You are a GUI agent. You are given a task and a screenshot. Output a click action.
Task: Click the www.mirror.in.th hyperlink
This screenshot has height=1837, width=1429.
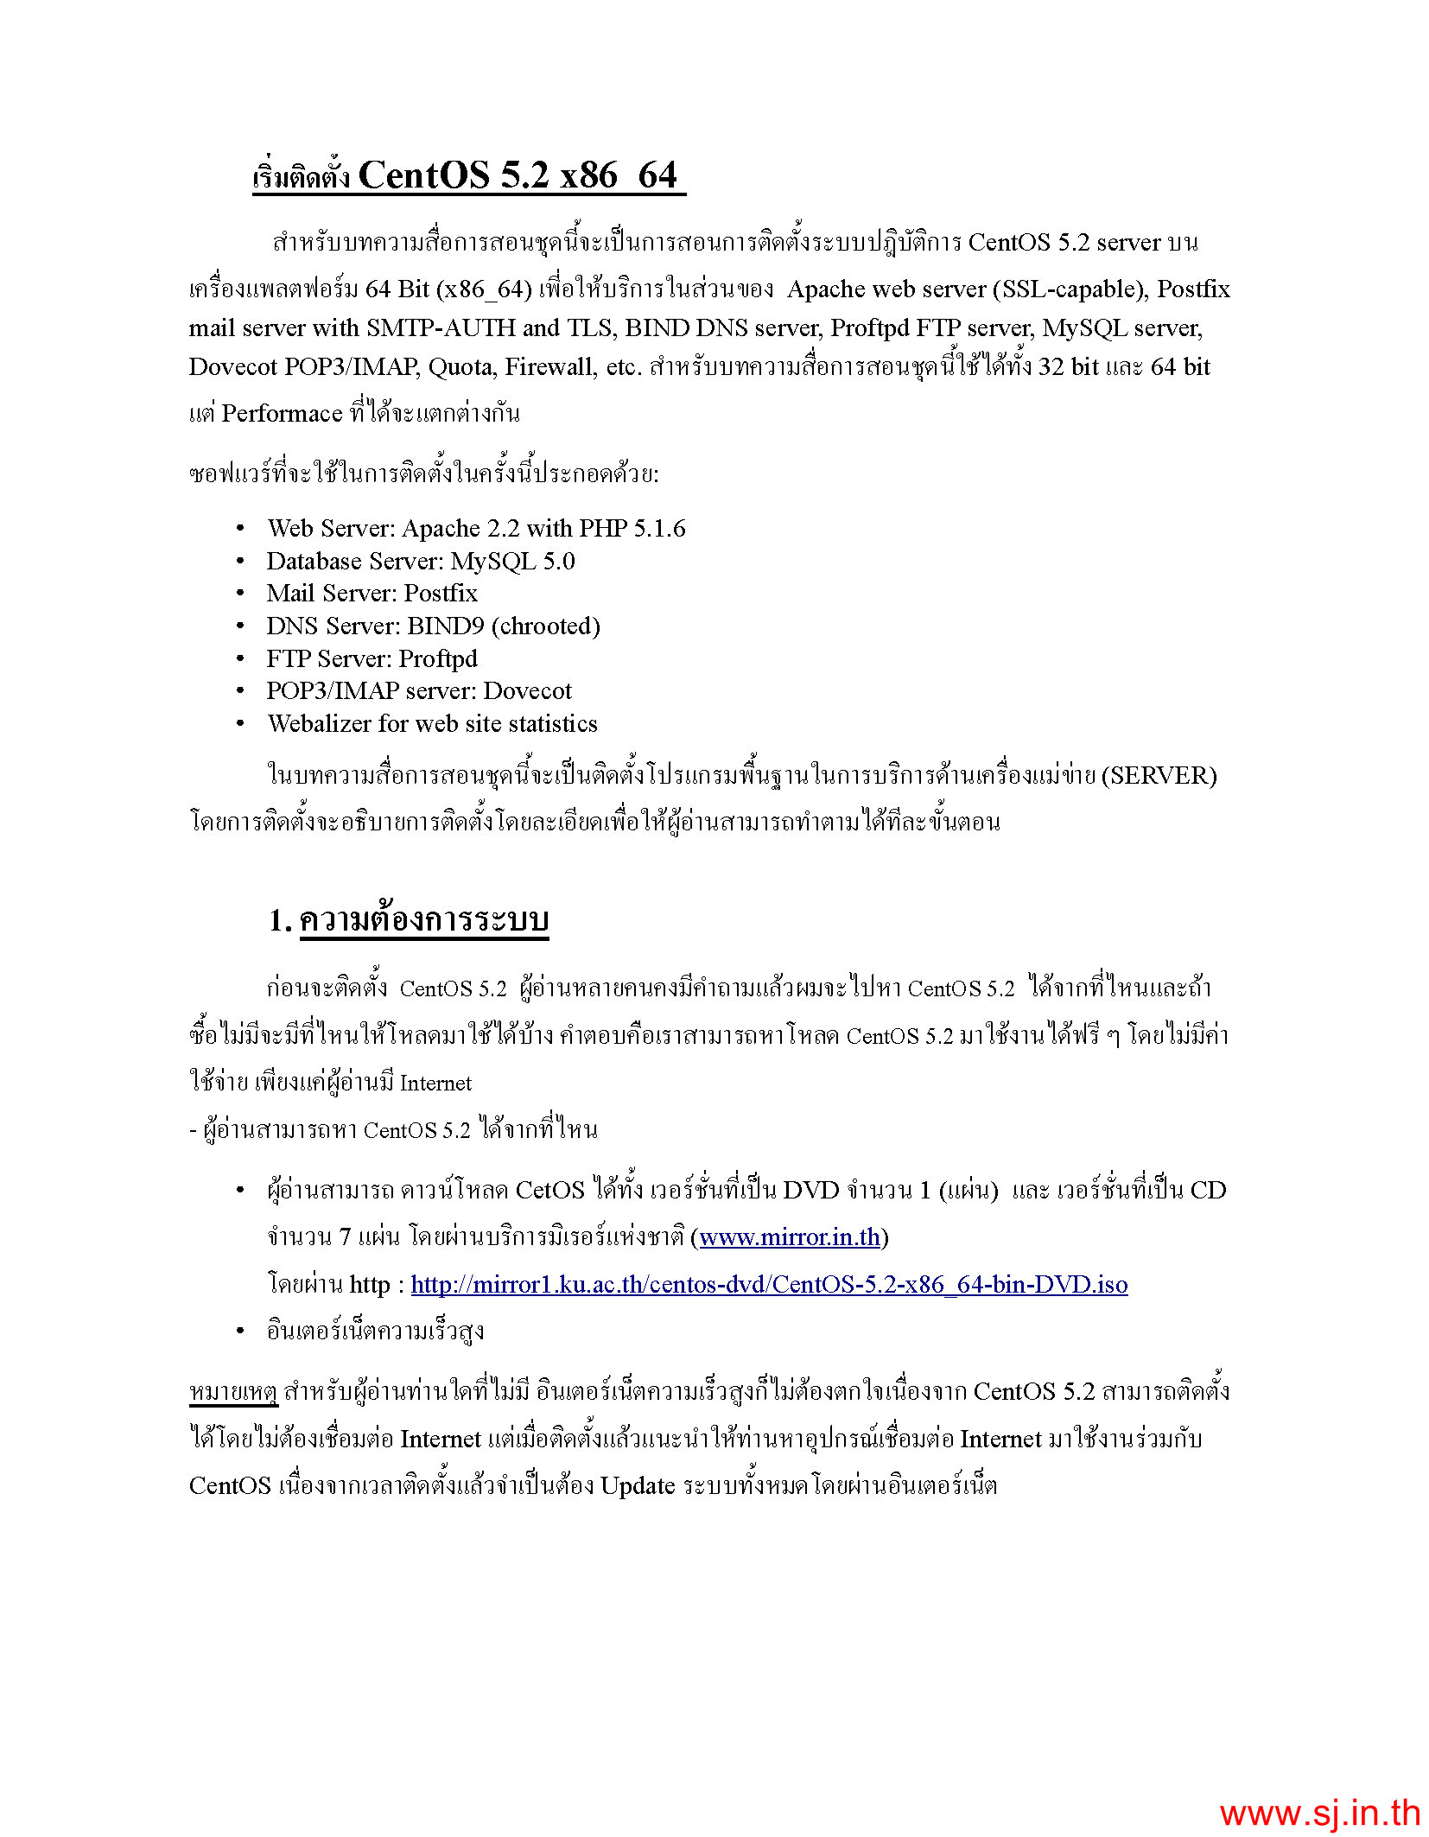[x=790, y=1237]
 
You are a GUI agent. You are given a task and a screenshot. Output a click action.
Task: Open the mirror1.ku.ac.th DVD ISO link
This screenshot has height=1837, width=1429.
[x=769, y=1284]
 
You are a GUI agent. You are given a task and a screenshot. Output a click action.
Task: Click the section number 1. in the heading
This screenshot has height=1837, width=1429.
[x=280, y=921]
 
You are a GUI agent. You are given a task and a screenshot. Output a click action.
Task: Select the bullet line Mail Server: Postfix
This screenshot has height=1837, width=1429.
[x=372, y=593]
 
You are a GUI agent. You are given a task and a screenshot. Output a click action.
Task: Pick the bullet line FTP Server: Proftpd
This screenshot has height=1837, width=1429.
[x=372, y=658]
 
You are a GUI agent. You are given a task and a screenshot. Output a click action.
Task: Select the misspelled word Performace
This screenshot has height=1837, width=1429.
[x=282, y=413]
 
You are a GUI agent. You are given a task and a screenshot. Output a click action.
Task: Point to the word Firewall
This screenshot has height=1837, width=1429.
[x=550, y=366]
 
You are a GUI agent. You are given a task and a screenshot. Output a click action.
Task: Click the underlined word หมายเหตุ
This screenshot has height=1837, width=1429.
[x=233, y=1392]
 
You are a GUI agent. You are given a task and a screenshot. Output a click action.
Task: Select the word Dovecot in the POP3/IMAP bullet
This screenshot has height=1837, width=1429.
[x=527, y=690]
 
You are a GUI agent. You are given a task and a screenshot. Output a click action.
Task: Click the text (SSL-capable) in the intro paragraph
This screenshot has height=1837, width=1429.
[x=1070, y=289]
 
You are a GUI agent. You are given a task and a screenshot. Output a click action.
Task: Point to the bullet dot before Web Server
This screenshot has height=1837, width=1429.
[x=240, y=528]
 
